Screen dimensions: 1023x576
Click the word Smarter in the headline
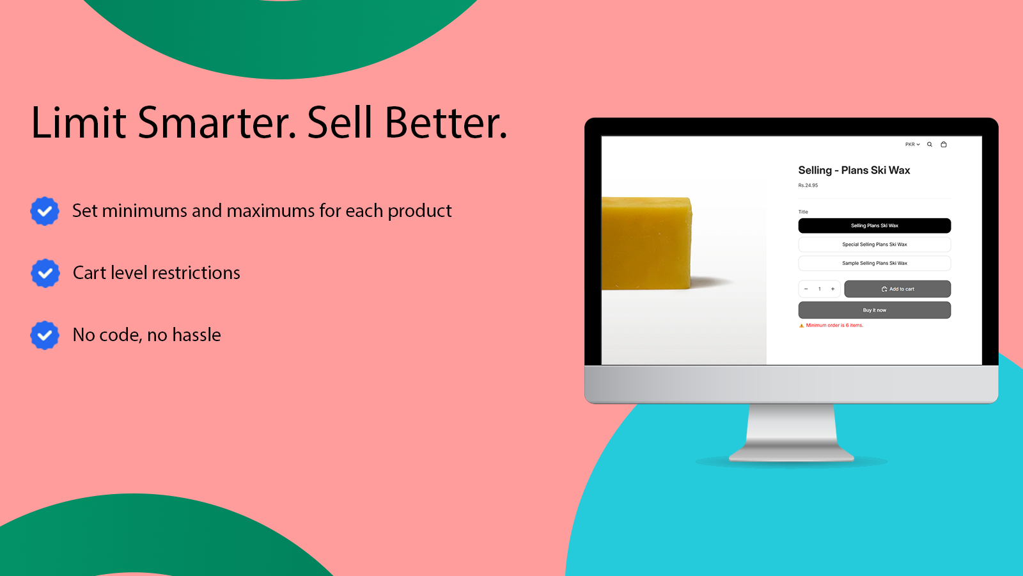click(217, 122)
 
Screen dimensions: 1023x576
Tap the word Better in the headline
click(446, 122)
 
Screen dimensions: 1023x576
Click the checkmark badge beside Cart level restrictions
click(45, 273)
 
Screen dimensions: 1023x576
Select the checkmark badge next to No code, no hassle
click(45, 335)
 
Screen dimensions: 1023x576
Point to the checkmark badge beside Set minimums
click(45, 211)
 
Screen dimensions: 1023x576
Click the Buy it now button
click(874, 310)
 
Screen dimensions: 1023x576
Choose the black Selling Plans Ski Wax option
click(874, 225)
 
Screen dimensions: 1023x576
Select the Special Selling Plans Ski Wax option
click(874, 244)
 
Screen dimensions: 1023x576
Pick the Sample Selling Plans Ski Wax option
click(874, 263)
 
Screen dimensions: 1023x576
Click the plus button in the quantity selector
click(832, 289)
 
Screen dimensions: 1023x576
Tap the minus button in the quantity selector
click(806, 289)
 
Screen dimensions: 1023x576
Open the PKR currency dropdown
click(912, 145)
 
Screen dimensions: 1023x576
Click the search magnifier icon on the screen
click(930, 145)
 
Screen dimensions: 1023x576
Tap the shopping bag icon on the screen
click(944, 145)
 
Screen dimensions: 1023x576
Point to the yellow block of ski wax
click(646, 243)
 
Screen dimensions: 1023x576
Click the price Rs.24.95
click(808, 185)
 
